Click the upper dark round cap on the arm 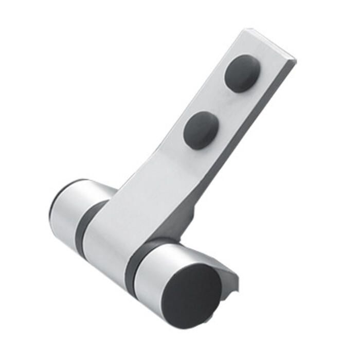[242, 74]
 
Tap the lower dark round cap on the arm [201, 130]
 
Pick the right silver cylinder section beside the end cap [154, 273]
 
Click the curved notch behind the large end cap [230, 280]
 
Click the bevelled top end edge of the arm [269, 44]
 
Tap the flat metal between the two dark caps [221, 103]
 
